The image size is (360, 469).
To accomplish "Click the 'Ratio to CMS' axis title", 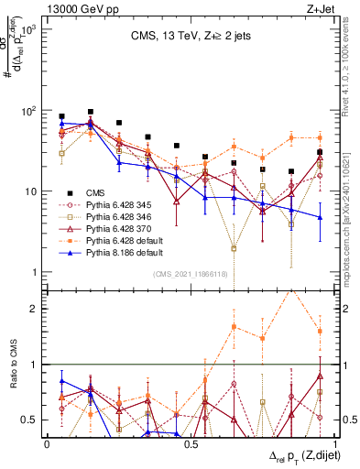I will click(x=12, y=364).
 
